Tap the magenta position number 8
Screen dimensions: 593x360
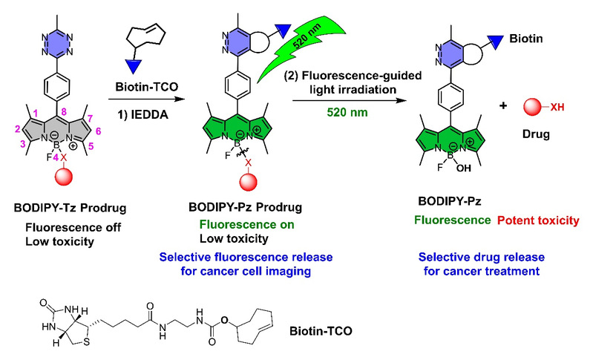click(64, 111)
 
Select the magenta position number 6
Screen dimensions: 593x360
click(98, 131)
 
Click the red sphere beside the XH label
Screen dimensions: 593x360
click(532, 107)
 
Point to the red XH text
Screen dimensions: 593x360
click(557, 108)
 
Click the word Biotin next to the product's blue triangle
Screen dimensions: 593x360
click(525, 39)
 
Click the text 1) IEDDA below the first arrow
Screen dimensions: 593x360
click(142, 114)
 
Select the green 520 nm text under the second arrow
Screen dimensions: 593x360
click(347, 112)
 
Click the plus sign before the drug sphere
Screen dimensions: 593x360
click(503, 105)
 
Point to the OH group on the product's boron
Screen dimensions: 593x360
click(463, 168)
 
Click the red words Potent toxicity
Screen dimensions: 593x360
click(538, 220)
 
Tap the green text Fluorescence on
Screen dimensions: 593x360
click(246, 225)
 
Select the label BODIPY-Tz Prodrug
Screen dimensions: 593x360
click(70, 208)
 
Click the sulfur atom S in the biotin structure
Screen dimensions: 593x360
click(87, 343)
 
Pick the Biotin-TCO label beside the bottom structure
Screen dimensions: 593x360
click(321, 331)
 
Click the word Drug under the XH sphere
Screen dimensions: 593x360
click(536, 134)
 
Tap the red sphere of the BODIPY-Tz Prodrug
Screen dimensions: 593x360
click(64, 177)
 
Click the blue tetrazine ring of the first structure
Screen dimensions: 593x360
click(57, 45)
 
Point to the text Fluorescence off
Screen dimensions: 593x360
click(73, 228)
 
